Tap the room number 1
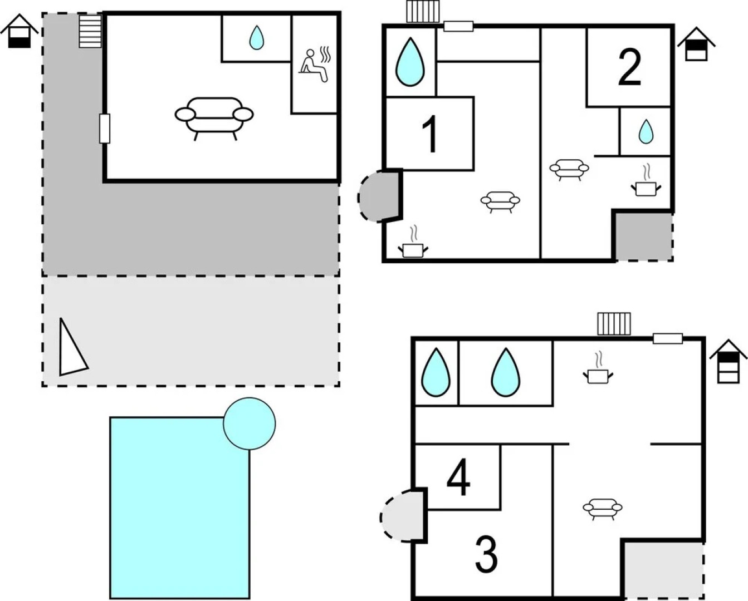pos(430,134)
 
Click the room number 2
pos(629,67)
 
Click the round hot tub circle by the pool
pos(249,423)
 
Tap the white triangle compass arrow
pos(72,347)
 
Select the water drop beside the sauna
pos(257,37)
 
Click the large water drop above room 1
pos(410,62)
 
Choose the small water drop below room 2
pos(646,132)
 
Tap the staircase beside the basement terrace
pos(90,31)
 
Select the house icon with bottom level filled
pos(19,31)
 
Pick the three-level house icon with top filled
pos(728,362)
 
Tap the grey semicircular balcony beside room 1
pos(379,196)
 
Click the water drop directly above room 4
pos(436,372)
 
